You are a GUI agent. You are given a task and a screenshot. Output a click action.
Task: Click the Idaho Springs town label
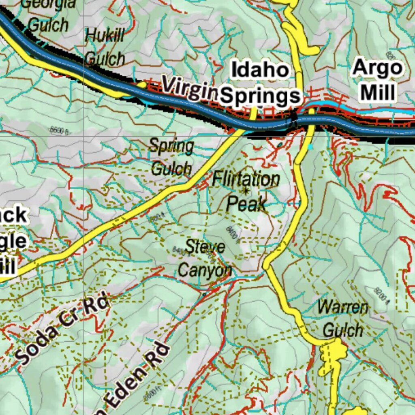pos(261,83)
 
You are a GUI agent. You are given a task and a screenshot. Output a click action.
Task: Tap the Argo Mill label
pos(378,80)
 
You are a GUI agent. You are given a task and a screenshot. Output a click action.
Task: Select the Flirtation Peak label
pos(246,191)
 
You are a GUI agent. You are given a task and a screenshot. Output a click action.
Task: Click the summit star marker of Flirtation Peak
pos(246,190)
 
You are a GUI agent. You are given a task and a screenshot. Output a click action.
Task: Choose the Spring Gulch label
pos(171,157)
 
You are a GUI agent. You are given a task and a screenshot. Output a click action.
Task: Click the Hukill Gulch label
pos(105,47)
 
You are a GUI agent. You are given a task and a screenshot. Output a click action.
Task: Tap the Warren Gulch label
pos(342,319)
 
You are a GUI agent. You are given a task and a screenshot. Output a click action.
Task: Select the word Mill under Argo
pos(377,93)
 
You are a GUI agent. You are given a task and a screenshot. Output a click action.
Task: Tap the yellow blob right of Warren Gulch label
pos(336,349)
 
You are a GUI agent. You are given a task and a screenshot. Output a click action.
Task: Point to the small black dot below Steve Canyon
pos(204,294)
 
